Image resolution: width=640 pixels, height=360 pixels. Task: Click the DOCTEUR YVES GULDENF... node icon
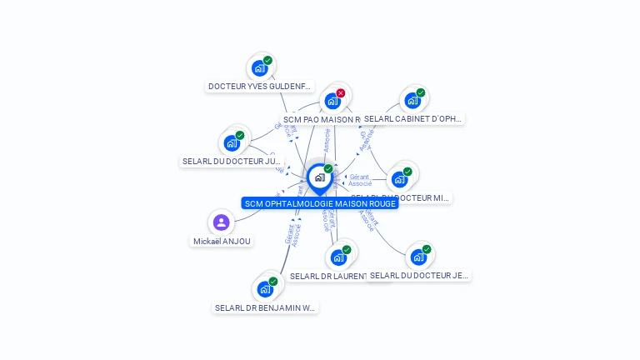(259, 68)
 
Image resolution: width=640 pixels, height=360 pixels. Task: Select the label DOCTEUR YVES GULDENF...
(260, 86)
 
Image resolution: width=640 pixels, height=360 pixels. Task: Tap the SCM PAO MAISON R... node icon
(332, 102)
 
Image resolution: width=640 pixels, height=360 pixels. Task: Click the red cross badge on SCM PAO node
(341, 93)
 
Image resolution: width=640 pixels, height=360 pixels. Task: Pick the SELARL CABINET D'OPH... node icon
(412, 101)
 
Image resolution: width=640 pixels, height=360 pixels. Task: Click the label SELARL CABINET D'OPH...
(412, 118)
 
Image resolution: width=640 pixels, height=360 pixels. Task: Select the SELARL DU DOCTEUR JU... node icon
(232, 143)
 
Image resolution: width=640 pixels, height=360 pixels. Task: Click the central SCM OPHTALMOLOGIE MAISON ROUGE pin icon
(319, 177)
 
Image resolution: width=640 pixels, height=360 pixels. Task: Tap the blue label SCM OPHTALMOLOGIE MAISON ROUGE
(319, 203)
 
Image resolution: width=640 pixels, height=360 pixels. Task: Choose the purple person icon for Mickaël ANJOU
(221, 222)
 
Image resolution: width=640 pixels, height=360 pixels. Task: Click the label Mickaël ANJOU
(222, 241)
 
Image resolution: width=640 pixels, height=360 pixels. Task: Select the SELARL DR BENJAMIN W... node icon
(265, 289)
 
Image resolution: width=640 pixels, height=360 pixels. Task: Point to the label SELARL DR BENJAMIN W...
(266, 307)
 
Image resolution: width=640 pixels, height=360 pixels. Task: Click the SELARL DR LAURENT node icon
(338, 257)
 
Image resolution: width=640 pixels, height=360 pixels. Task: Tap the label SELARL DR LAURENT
(328, 276)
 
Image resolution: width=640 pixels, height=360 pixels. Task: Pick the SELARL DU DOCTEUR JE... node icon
(418, 257)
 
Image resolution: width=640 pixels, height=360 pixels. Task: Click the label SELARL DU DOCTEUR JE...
(419, 275)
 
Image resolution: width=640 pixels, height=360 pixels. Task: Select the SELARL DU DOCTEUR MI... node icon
(399, 179)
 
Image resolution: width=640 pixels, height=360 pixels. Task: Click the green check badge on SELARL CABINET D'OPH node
(421, 92)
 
